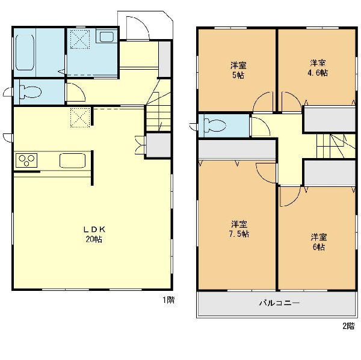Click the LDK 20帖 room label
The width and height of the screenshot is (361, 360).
(94, 234)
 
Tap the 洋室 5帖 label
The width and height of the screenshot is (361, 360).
(238, 70)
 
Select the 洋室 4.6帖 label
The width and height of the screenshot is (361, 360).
(318, 68)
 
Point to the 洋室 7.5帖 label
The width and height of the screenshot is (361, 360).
(239, 229)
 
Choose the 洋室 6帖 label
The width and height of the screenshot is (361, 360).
(319, 242)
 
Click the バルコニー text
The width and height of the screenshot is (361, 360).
(280, 303)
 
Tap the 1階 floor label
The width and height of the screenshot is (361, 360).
(168, 300)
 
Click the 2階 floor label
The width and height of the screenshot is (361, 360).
(348, 326)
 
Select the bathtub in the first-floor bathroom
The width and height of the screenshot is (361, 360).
(25, 52)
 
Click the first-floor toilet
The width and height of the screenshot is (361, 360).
(31, 92)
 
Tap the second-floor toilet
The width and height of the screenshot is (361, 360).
(215, 126)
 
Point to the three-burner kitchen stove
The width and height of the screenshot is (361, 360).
(26, 160)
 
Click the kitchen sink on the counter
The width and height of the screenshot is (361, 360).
(72, 160)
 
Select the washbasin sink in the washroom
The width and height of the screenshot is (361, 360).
(106, 37)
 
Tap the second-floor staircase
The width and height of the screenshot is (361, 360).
(336, 146)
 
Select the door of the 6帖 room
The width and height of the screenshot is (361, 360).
(291, 196)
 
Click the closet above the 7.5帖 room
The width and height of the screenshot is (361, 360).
(237, 149)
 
